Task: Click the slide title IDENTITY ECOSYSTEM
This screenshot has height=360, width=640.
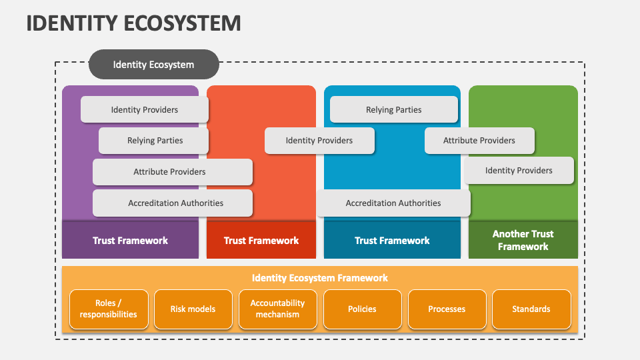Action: click(x=133, y=23)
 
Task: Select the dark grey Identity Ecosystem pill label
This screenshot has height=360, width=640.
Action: click(x=153, y=65)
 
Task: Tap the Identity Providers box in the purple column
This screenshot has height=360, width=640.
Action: click(x=144, y=109)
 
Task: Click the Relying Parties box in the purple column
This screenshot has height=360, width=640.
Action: click(x=154, y=141)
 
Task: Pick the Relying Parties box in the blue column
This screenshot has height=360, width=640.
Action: click(x=393, y=109)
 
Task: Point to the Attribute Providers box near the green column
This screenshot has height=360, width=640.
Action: click(x=479, y=141)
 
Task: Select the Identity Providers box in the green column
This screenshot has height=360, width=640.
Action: click(x=519, y=171)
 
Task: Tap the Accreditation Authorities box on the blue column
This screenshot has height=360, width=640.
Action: click(x=393, y=203)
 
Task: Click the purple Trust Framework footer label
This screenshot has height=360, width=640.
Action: click(x=130, y=240)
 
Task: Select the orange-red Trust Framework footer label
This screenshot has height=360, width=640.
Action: click(x=261, y=240)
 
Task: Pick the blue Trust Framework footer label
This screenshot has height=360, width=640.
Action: click(x=392, y=240)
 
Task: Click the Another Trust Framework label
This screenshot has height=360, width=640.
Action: click(x=523, y=240)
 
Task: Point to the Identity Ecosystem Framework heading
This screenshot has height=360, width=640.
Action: click(x=320, y=278)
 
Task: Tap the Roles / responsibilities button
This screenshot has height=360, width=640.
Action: click(x=108, y=309)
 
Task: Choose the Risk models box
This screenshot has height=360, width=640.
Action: click(x=193, y=309)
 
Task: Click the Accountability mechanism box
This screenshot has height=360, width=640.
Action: click(x=277, y=309)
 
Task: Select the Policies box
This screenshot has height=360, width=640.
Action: click(x=362, y=309)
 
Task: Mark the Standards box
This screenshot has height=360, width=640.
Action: click(x=531, y=309)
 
